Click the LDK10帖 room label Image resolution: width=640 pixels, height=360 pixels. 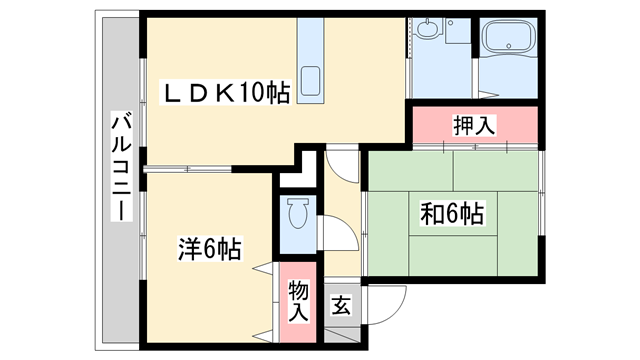click(x=228, y=93)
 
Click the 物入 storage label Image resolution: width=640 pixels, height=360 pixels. click(x=298, y=300)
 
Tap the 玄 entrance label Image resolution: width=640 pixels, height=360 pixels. click(x=340, y=303)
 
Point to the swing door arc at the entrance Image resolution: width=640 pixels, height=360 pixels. click(x=385, y=300)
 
